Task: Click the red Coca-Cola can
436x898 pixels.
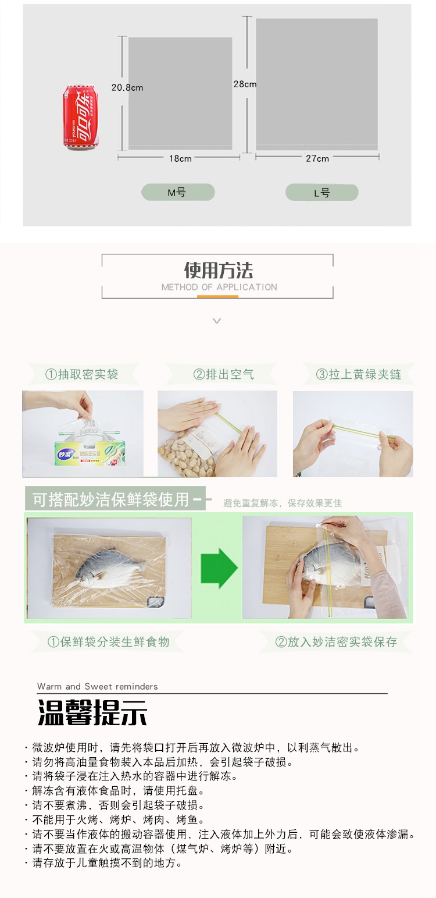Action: click(x=80, y=118)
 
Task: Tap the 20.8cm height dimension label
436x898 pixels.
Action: click(x=127, y=88)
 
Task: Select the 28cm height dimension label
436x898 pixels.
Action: click(x=245, y=84)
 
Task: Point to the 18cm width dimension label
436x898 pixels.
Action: click(x=180, y=159)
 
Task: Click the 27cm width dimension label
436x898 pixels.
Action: click(x=317, y=159)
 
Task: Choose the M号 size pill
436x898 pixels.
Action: click(x=178, y=193)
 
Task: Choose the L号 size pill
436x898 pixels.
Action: click(x=322, y=193)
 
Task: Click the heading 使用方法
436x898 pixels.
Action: click(x=218, y=270)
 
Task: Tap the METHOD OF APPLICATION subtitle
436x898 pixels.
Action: click(x=219, y=287)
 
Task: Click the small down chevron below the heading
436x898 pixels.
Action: click(x=217, y=321)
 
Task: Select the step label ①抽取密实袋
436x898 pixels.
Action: click(x=81, y=374)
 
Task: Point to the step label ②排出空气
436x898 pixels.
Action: click(x=223, y=374)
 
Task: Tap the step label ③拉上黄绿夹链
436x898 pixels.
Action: click(x=358, y=374)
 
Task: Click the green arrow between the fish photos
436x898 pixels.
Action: click(x=219, y=568)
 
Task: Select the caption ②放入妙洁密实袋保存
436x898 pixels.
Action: click(x=336, y=642)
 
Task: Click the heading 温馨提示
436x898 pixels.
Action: click(x=92, y=712)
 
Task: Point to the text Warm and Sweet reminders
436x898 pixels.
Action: click(x=97, y=686)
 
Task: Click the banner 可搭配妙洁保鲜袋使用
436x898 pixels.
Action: click(x=110, y=499)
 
